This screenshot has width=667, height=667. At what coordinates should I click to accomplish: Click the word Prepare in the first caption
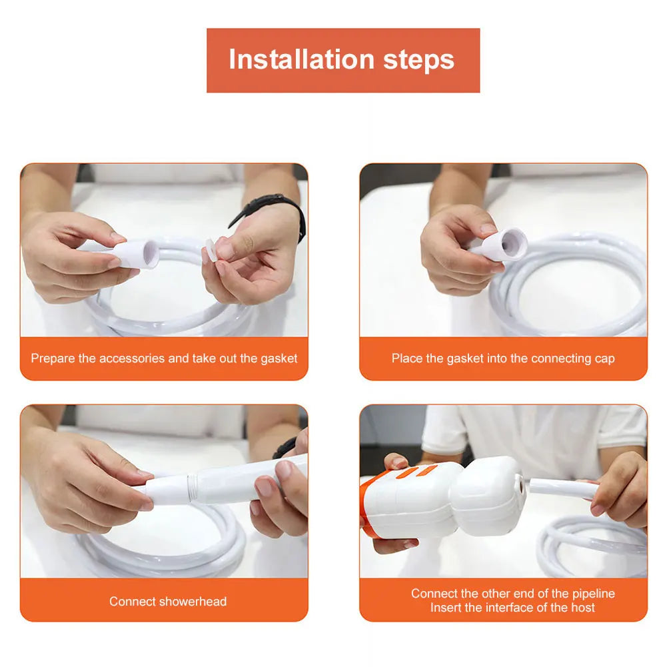(53, 358)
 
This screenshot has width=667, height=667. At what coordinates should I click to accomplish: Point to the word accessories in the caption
(132, 358)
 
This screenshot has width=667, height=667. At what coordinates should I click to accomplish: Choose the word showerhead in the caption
(193, 601)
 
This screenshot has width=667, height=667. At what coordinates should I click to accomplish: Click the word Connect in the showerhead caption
(133, 601)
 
